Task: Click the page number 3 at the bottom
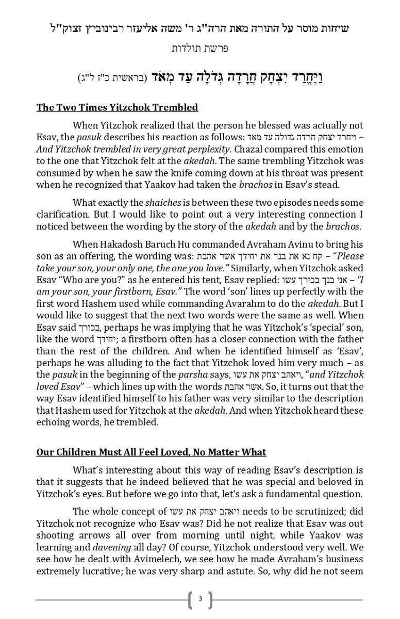tap(200, 599)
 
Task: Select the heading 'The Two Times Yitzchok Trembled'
tap(117, 107)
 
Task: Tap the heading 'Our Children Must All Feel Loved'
tap(151, 452)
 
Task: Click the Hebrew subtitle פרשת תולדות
tap(200, 48)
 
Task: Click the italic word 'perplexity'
tap(205, 149)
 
